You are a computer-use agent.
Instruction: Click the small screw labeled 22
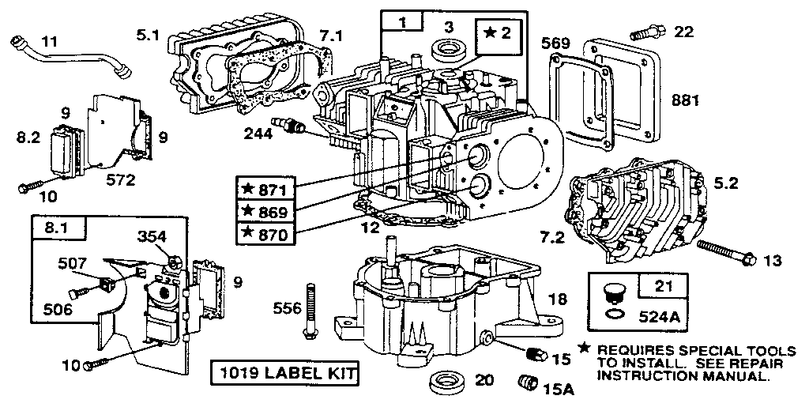coord(645,33)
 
